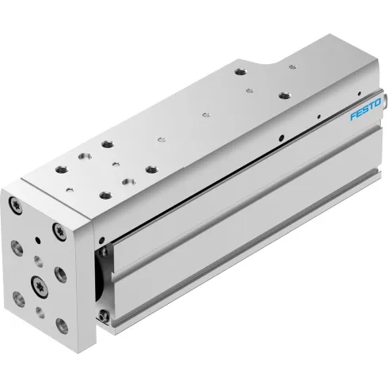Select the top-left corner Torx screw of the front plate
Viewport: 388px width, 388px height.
coord(15,204)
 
